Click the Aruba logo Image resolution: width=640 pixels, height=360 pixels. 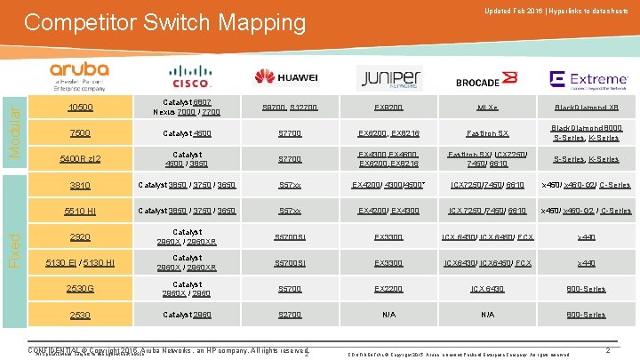tap(79, 75)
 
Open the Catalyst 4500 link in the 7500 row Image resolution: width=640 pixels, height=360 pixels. tap(187, 133)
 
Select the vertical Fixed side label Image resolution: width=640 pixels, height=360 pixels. tap(12, 240)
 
